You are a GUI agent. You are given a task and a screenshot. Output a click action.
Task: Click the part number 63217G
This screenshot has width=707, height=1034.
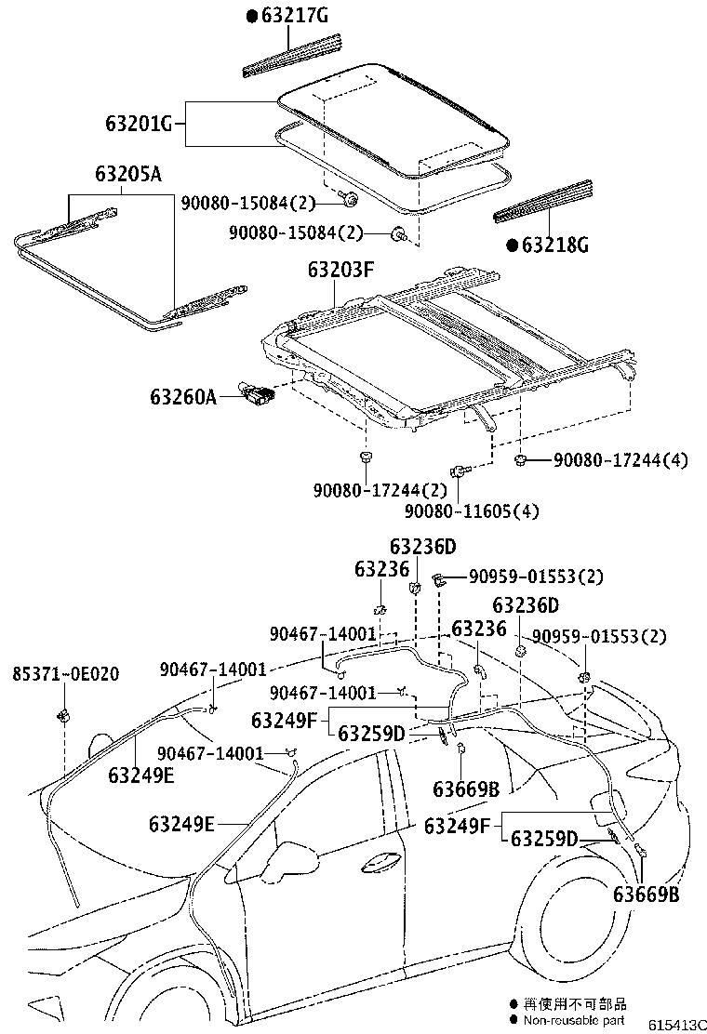pos(294,15)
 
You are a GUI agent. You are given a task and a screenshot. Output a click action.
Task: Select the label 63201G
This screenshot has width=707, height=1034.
pos(139,123)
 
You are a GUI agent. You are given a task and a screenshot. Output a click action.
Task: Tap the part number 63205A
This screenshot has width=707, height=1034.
pos(127,174)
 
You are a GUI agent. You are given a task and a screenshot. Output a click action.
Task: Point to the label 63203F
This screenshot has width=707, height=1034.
pos(341,271)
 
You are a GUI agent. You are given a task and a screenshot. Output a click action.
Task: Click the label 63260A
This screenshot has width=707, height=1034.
pos(183,397)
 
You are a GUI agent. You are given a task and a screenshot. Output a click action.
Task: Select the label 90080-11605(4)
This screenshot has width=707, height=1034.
pos(471,510)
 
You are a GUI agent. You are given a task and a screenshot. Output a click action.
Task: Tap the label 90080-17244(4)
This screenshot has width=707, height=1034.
pos(620,459)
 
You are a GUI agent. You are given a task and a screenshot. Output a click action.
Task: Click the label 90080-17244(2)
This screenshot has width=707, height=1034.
pos(379,489)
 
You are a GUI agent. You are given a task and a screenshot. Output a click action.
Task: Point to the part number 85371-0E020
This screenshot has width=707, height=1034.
pos(66,673)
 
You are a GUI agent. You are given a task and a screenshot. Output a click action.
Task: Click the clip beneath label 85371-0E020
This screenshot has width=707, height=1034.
pos(65,715)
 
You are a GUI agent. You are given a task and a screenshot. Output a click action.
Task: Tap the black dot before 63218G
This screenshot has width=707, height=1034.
pos(512,245)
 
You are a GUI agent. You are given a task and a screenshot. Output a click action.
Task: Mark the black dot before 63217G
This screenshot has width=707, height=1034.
pos(251,16)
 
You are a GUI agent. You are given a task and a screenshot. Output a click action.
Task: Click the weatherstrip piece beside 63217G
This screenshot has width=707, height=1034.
pos(293,55)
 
